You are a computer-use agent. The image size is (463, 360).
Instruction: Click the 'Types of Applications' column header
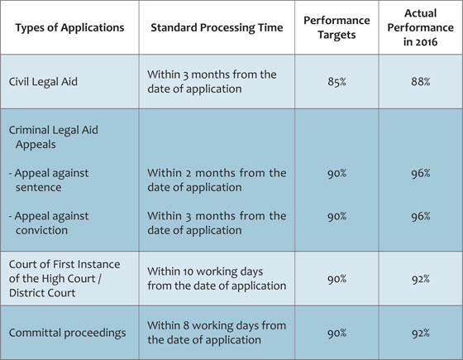tap(69, 28)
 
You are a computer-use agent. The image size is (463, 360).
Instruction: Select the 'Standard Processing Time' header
tap(217, 28)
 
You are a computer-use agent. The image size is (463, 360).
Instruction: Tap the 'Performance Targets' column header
tap(337, 27)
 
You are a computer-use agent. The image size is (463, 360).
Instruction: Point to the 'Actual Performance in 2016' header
tap(421, 27)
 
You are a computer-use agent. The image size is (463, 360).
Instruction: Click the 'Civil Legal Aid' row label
tap(43, 82)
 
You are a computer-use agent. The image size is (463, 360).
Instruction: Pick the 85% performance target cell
tap(337, 82)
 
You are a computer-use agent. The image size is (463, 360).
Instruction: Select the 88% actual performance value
tap(421, 82)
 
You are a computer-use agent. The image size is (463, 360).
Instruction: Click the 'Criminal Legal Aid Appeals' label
tap(54, 137)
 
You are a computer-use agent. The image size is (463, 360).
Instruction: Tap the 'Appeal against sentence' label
tap(49, 180)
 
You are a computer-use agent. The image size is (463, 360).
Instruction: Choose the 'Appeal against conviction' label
tap(49, 223)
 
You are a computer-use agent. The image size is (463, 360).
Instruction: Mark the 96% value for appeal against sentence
tap(421, 174)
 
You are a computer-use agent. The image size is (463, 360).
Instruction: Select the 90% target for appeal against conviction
tap(337, 217)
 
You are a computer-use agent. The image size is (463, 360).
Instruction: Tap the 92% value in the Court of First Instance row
tap(421, 279)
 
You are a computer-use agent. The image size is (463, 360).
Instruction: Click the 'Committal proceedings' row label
tap(67, 333)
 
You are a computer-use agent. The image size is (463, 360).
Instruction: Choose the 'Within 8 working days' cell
tap(217, 333)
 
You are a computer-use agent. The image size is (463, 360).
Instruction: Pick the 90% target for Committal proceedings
tap(337, 334)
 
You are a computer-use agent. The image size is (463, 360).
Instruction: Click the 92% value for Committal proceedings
tap(421, 334)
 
